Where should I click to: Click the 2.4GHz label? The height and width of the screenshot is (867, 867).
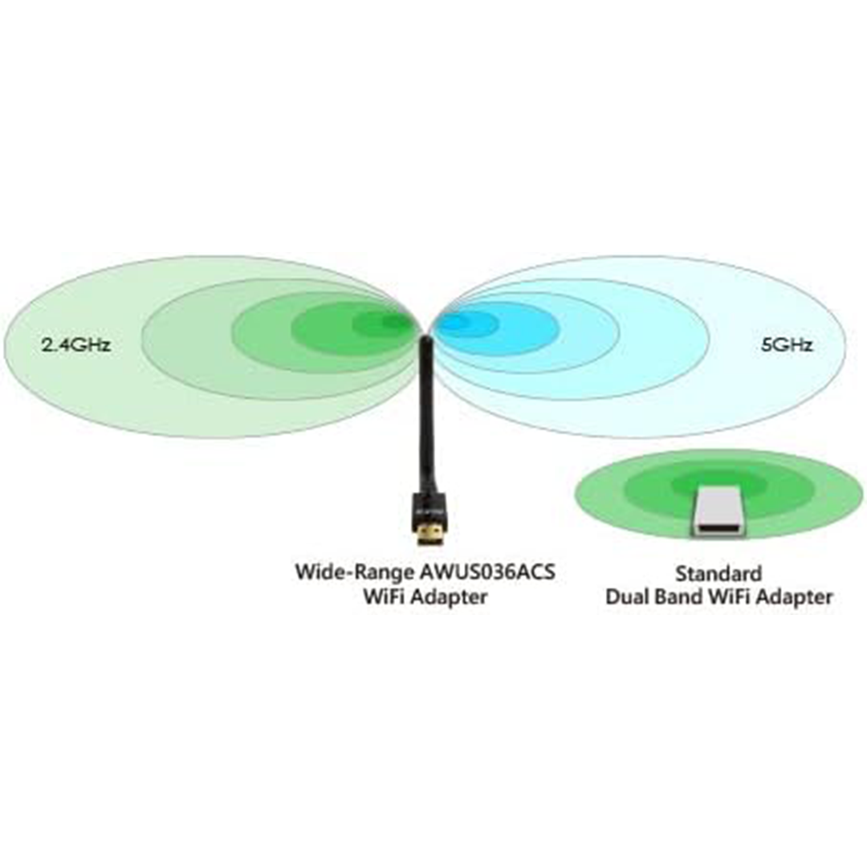(76, 345)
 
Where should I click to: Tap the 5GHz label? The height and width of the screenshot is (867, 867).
(787, 345)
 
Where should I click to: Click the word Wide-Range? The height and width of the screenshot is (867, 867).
(351, 572)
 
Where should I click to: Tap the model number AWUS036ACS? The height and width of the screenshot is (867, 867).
(486, 572)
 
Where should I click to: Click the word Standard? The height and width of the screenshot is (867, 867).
(718, 573)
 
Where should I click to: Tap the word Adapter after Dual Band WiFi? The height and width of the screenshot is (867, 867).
(794, 598)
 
